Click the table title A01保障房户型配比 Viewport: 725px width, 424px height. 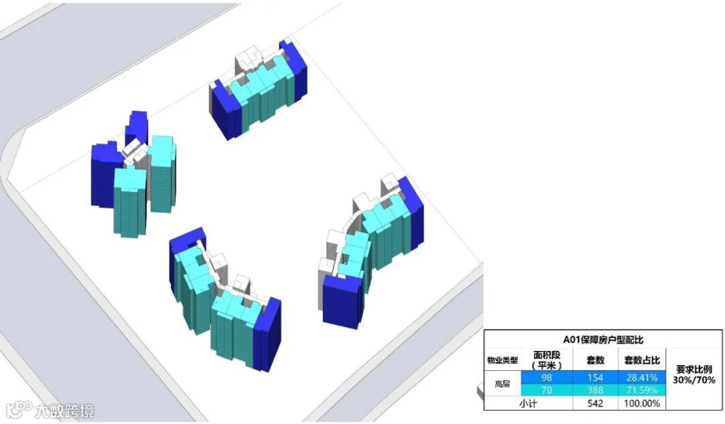602,340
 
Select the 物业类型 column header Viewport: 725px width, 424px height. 502,360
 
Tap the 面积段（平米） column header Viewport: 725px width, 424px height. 546,360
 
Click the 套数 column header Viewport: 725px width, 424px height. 595,360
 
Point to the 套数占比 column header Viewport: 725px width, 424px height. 642,360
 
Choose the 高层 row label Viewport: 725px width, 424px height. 502,384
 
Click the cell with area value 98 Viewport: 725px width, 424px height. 546,377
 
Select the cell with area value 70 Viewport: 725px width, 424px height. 546,390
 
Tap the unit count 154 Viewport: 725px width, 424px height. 595,377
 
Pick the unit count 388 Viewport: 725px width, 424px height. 595,390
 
